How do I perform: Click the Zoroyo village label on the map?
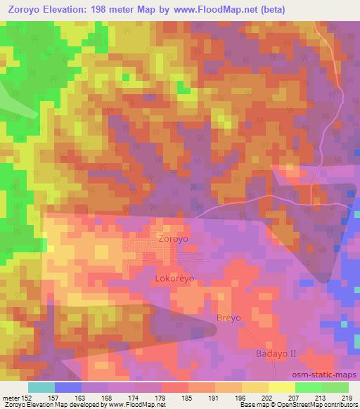click(173, 238)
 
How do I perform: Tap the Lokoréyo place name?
click(174, 278)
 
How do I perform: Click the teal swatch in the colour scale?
click(41, 387)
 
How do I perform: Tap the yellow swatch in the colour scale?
click(281, 387)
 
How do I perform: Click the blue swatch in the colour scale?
click(67, 387)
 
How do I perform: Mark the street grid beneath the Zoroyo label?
click(146, 249)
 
